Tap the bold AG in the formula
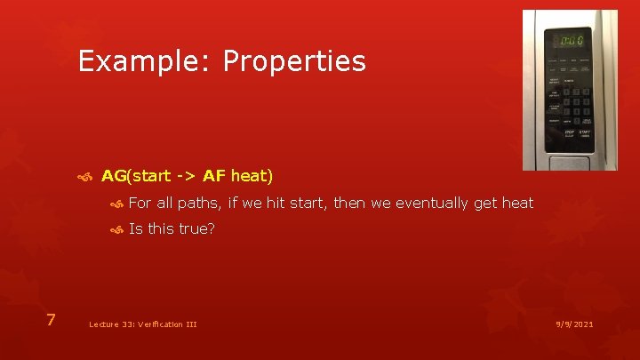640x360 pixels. point(115,176)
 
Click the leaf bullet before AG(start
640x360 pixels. point(85,177)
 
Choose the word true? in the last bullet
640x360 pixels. point(196,229)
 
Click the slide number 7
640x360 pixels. point(52,320)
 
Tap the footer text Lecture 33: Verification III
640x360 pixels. point(142,324)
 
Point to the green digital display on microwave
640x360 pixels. point(569,41)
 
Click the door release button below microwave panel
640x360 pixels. point(569,160)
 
